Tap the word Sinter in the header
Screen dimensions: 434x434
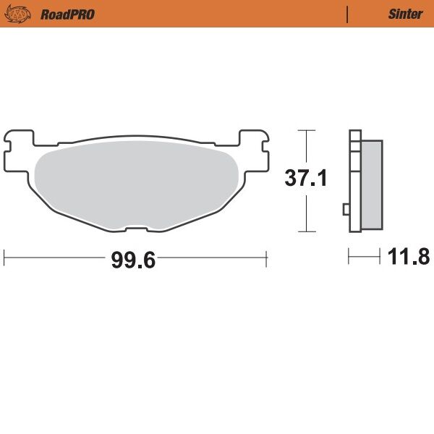(405, 14)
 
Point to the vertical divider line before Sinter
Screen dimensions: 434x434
(348, 14)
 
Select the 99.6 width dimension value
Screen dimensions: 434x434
(133, 260)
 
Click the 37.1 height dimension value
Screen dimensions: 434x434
(305, 178)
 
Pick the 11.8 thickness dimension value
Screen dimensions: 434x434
(409, 256)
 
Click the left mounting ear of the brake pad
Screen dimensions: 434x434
(18, 145)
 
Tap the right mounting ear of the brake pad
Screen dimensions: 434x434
(254, 145)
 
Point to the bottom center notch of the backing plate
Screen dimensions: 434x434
(136, 230)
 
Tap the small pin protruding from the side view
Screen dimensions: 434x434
(346, 210)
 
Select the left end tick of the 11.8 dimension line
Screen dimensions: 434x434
(349, 256)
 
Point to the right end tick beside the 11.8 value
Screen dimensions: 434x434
(380, 256)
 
